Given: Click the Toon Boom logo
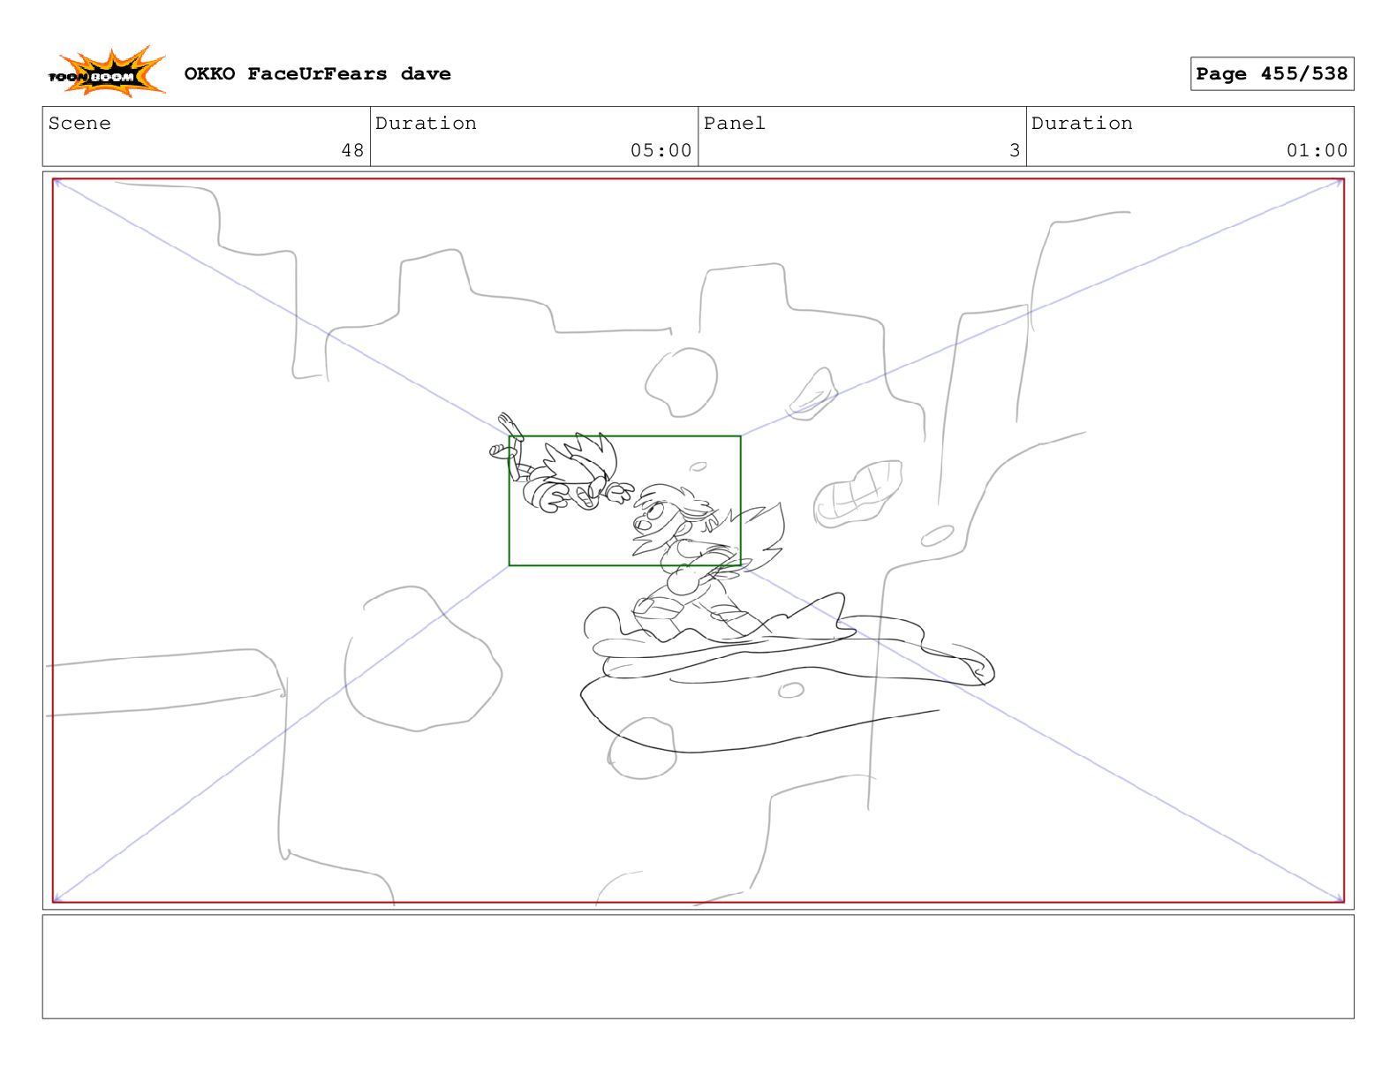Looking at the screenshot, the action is [107, 72].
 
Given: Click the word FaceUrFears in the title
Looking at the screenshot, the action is [317, 73].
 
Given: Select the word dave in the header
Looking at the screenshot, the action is [425, 74].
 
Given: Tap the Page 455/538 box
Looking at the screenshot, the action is [1271, 73].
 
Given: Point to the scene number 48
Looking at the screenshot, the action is [352, 150].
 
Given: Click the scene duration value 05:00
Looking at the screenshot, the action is [661, 150].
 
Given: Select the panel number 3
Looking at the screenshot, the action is [1014, 150].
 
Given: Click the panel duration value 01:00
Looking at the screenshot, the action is [1316, 150].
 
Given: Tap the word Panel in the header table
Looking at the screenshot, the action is [734, 123].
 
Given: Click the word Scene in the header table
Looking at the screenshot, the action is [79, 123].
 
